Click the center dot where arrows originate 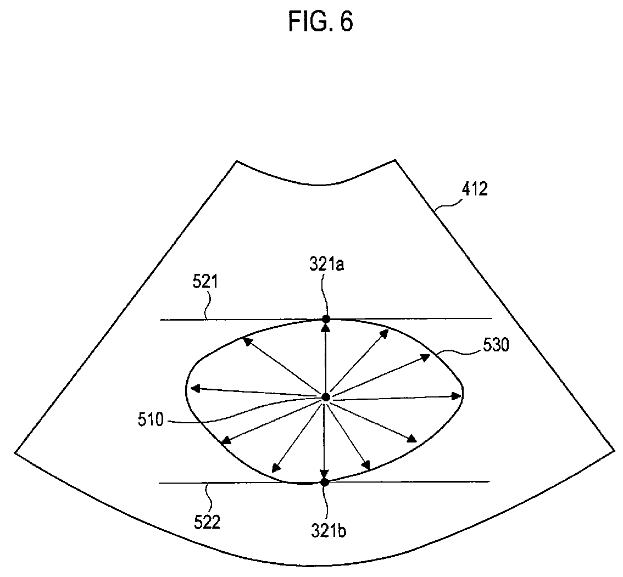(x=325, y=397)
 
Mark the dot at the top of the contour (x=326, y=319)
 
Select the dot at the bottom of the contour (x=324, y=482)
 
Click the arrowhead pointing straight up (x=326, y=327)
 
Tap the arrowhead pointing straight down (x=324, y=474)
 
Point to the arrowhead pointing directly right (x=457, y=396)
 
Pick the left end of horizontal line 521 (x=160, y=320)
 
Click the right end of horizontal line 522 (x=489, y=482)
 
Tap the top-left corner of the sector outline (x=237, y=161)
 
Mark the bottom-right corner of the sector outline (x=614, y=451)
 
